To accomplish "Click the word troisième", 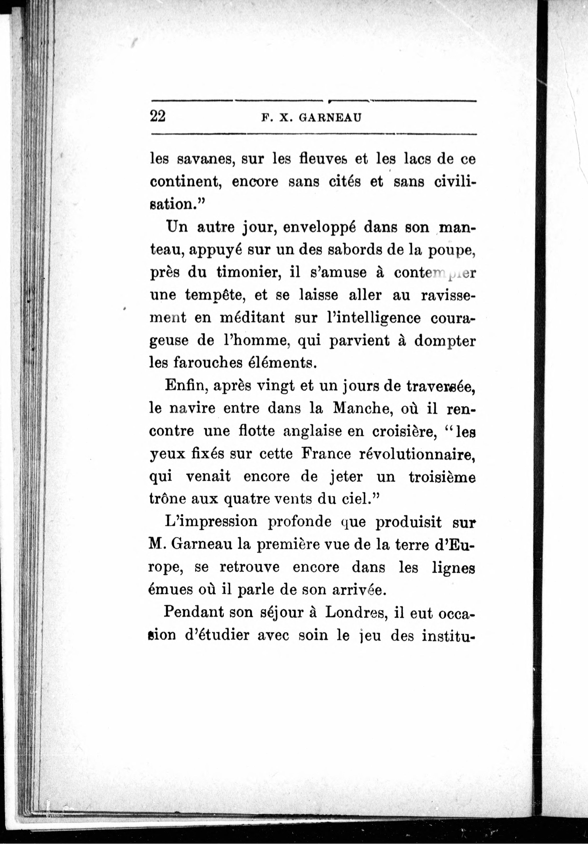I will [x=442, y=477].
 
